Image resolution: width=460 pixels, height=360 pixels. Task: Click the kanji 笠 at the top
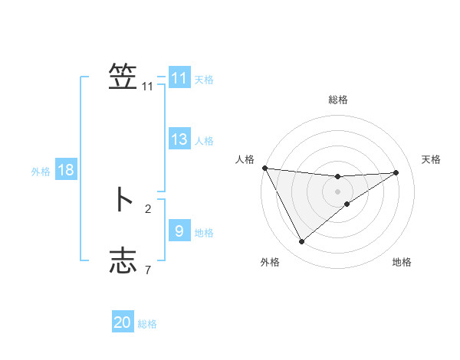123,77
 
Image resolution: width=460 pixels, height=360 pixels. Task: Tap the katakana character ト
123,199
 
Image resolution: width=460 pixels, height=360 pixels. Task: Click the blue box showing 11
179,78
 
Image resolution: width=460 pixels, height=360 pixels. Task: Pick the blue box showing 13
179,139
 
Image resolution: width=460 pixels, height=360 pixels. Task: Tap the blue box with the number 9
179,231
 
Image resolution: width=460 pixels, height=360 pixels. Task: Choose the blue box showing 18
66,170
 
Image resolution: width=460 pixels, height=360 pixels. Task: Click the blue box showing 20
123,322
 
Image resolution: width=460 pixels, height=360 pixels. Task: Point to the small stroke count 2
148,208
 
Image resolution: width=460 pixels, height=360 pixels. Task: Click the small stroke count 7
148,270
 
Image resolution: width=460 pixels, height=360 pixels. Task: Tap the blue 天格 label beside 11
204,79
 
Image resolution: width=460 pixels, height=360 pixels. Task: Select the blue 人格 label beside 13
204,140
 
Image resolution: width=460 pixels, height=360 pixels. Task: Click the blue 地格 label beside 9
204,232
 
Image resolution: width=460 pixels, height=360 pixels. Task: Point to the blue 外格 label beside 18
41,172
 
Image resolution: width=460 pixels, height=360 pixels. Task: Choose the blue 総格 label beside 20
148,323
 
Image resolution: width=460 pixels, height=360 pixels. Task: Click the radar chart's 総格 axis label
338,100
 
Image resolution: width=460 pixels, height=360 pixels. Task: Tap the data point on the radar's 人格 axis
264,168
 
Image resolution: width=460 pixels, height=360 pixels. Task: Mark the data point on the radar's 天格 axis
396,172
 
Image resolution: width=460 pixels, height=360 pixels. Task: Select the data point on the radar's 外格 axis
301,242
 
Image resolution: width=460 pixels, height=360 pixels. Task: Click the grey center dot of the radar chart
338,191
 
